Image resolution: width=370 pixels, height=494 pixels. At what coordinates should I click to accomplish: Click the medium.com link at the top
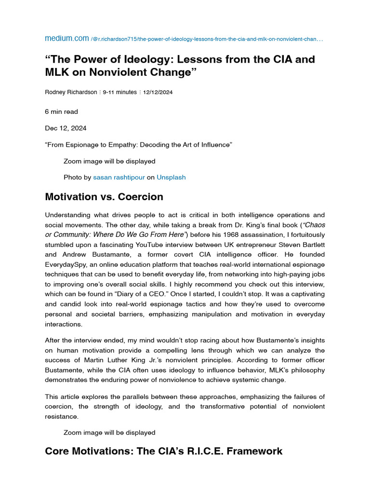(x=66, y=38)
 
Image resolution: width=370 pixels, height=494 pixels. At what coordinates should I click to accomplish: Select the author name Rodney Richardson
(x=72, y=92)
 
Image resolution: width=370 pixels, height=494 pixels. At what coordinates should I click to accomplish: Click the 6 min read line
(x=61, y=111)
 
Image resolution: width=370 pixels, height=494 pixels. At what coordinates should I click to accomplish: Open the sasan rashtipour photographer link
(x=119, y=177)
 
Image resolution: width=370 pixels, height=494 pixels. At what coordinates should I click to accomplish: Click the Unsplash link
(x=171, y=177)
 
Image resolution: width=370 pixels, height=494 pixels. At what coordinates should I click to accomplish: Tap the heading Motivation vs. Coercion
(x=104, y=197)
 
